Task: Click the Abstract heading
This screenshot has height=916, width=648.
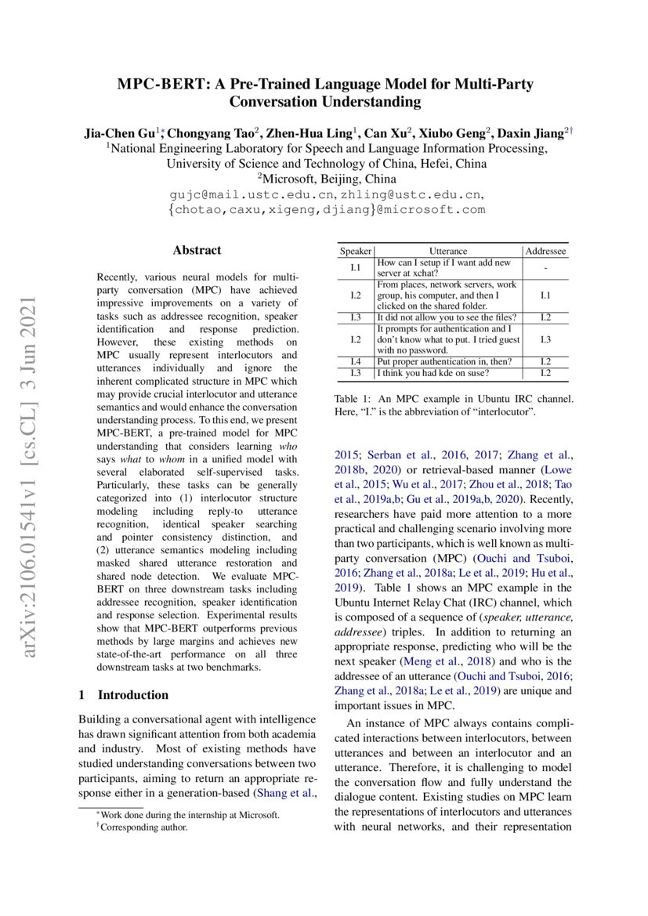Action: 197,251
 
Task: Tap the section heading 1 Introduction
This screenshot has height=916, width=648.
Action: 124,694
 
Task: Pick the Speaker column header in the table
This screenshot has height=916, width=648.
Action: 355,252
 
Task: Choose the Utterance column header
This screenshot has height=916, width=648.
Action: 448,252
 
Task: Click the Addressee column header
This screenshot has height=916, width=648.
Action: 545,252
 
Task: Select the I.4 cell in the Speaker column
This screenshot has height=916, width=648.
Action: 355,361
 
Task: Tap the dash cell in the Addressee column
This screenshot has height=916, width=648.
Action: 545,268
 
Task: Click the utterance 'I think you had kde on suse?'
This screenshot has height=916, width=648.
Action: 436,372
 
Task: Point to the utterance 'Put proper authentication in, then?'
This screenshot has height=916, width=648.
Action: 444,361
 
